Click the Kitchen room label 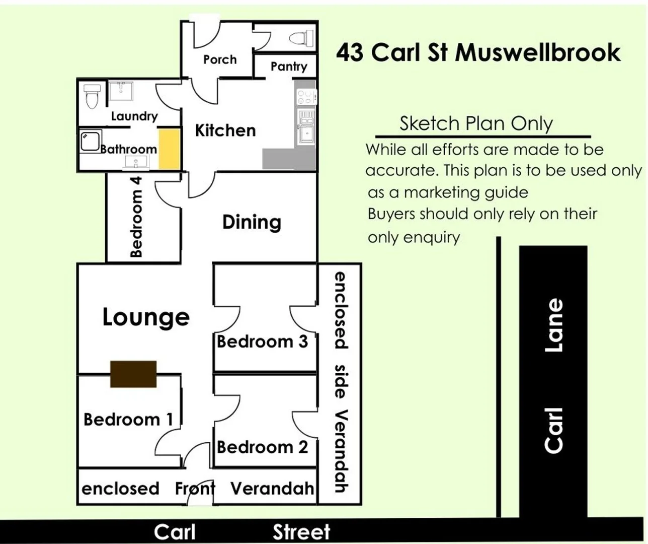tap(225, 130)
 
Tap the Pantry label tap(289, 66)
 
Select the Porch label tap(220, 59)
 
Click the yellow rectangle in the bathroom tap(169, 149)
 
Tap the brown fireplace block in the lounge tap(133, 374)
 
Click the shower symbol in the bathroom tap(91, 141)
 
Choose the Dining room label tap(252, 222)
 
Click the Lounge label tap(146, 317)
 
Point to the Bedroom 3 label tap(262, 342)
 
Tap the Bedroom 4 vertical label tap(136, 217)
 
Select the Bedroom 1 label tap(128, 419)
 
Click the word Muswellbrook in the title tap(538, 52)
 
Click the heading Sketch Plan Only tap(476, 123)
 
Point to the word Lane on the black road tap(554, 325)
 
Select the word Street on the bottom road tap(301, 532)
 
